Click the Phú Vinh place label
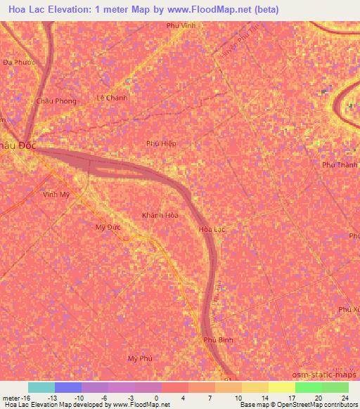pos(180,25)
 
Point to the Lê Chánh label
pos(112,98)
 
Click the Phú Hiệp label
pos(161,143)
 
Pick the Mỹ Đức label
pos(108,228)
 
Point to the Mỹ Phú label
pos(140,358)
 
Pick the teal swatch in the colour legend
pos(41,387)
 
